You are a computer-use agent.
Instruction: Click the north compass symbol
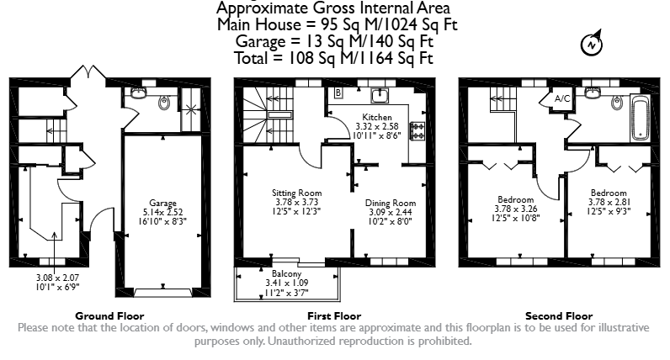pyautogui.click(x=592, y=43)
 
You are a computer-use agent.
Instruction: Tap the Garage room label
pyautogui.click(x=162, y=204)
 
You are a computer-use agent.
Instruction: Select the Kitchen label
pyautogui.click(x=377, y=117)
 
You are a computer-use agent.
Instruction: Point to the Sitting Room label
pyautogui.click(x=297, y=193)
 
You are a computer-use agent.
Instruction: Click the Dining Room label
pyautogui.click(x=391, y=203)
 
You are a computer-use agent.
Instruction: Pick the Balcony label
pyautogui.click(x=287, y=273)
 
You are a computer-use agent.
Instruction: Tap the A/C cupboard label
pyautogui.click(x=562, y=98)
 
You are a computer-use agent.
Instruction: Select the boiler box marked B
pyautogui.click(x=338, y=93)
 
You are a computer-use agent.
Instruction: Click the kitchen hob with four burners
pyautogui.click(x=417, y=131)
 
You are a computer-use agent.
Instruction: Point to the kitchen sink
pyautogui.click(x=380, y=96)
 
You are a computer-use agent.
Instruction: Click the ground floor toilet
pyautogui.click(x=163, y=102)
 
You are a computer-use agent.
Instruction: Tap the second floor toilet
pyautogui.click(x=616, y=102)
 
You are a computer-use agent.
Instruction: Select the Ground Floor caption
pyautogui.click(x=109, y=316)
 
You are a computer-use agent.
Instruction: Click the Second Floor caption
pyautogui.click(x=559, y=316)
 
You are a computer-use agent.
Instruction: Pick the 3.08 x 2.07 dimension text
pyautogui.click(x=58, y=278)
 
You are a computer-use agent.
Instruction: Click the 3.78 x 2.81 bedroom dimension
pyautogui.click(x=609, y=202)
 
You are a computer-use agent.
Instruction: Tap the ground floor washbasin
pyautogui.click(x=139, y=93)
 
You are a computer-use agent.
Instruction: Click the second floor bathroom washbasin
pyautogui.click(x=593, y=93)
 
